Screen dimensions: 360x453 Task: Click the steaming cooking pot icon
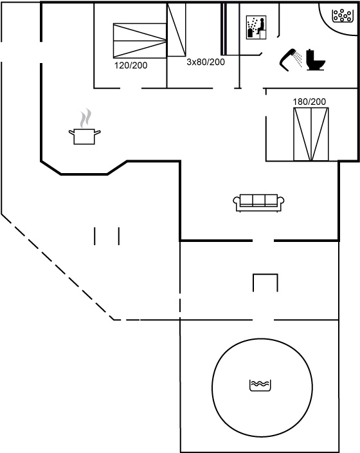click(x=85, y=127)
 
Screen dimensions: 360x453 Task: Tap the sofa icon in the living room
click(x=258, y=203)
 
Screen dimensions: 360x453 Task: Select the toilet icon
click(x=315, y=60)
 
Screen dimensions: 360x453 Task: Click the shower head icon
click(x=287, y=60)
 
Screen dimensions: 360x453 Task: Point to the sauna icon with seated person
click(x=256, y=28)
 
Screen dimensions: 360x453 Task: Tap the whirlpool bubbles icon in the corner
click(x=343, y=15)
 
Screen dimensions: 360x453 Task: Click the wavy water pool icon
click(x=260, y=385)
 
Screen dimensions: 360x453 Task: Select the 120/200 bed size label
click(x=130, y=66)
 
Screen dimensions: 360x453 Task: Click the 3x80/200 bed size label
click(x=206, y=62)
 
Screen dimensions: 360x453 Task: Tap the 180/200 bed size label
click(x=309, y=102)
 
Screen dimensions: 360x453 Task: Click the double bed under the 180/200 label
click(x=311, y=134)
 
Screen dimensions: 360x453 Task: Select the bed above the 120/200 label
click(x=139, y=41)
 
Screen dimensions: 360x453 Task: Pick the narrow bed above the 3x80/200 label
click(x=176, y=30)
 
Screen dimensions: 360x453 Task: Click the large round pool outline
click(x=212, y=387)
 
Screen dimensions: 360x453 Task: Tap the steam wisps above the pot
click(x=85, y=118)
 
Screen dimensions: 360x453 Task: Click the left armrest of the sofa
click(x=237, y=202)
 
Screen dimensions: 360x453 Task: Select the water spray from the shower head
click(x=298, y=59)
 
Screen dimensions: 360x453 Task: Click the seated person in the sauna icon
click(x=261, y=26)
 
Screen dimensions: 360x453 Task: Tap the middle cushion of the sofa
click(x=258, y=200)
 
